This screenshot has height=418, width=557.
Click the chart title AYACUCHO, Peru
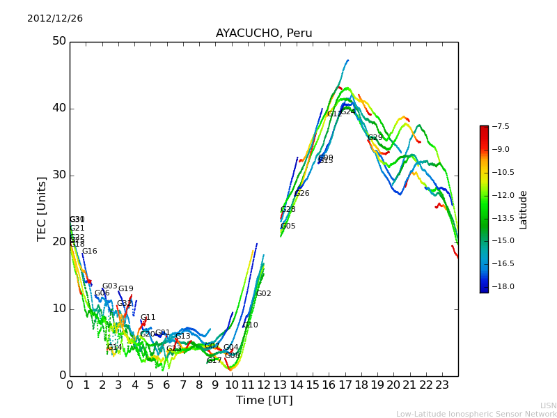[x=264, y=33]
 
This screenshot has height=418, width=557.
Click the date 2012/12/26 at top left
[x=55, y=19]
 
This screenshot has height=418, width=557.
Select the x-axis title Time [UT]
[x=264, y=401]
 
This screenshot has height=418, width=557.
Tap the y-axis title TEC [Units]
[x=42, y=208]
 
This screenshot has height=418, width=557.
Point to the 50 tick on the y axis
[x=59, y=41]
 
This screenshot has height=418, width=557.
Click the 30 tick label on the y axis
[x=59, y=175]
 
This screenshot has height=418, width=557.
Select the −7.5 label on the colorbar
[x=501, y=126]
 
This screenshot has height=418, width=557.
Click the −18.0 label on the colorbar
[x=501, y=286]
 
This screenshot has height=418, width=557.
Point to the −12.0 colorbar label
[x=501, y=195]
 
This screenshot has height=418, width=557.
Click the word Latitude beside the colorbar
[x=524, y=209]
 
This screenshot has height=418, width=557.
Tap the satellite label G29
[x=375, y=138]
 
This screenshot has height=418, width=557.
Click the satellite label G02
[x=264, y=294]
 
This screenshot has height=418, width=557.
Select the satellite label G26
[x=302, y=194]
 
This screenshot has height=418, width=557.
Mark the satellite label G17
[x=214, y=361]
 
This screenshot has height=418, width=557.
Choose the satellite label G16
[x=90, y=251]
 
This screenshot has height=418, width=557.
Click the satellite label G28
[x=288, y=210]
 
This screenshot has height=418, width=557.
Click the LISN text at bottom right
[x=549, y=405]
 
